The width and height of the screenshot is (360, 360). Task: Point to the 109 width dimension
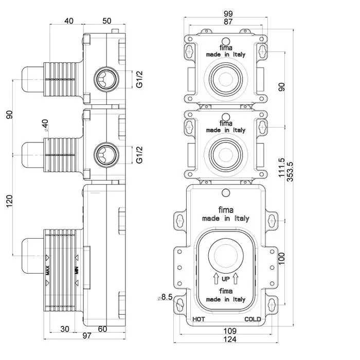click(229, 330)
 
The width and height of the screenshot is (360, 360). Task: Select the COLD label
click(253, 319)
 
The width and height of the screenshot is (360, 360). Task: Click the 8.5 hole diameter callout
click(166, 297)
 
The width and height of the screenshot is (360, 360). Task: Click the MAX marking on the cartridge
click(47, 269)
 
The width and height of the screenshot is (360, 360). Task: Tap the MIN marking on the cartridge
click(77, 269)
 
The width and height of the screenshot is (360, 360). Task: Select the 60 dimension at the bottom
click(102, 329)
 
